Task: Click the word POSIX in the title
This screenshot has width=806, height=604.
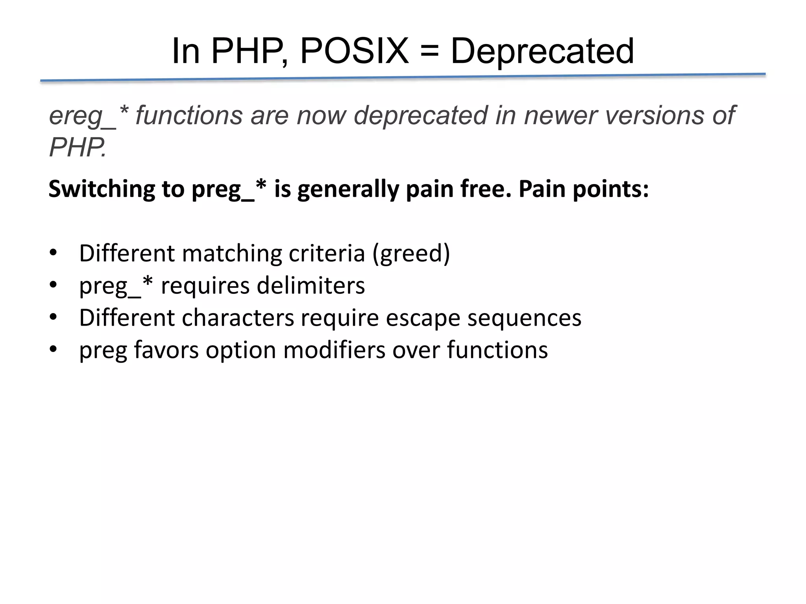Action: [354, 51]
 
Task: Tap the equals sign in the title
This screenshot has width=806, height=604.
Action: [429, 52]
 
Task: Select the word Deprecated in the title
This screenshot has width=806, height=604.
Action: [542, 51]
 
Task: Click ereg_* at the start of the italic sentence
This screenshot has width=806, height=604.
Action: [89, 116]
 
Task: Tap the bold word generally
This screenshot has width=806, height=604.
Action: [348, 190]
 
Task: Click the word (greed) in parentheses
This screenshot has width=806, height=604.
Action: [411, 254]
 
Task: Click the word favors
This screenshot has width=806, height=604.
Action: [166, 350]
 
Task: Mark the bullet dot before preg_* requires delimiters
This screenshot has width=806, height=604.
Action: [53, 285]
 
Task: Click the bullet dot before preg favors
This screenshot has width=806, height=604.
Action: [53, 349]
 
